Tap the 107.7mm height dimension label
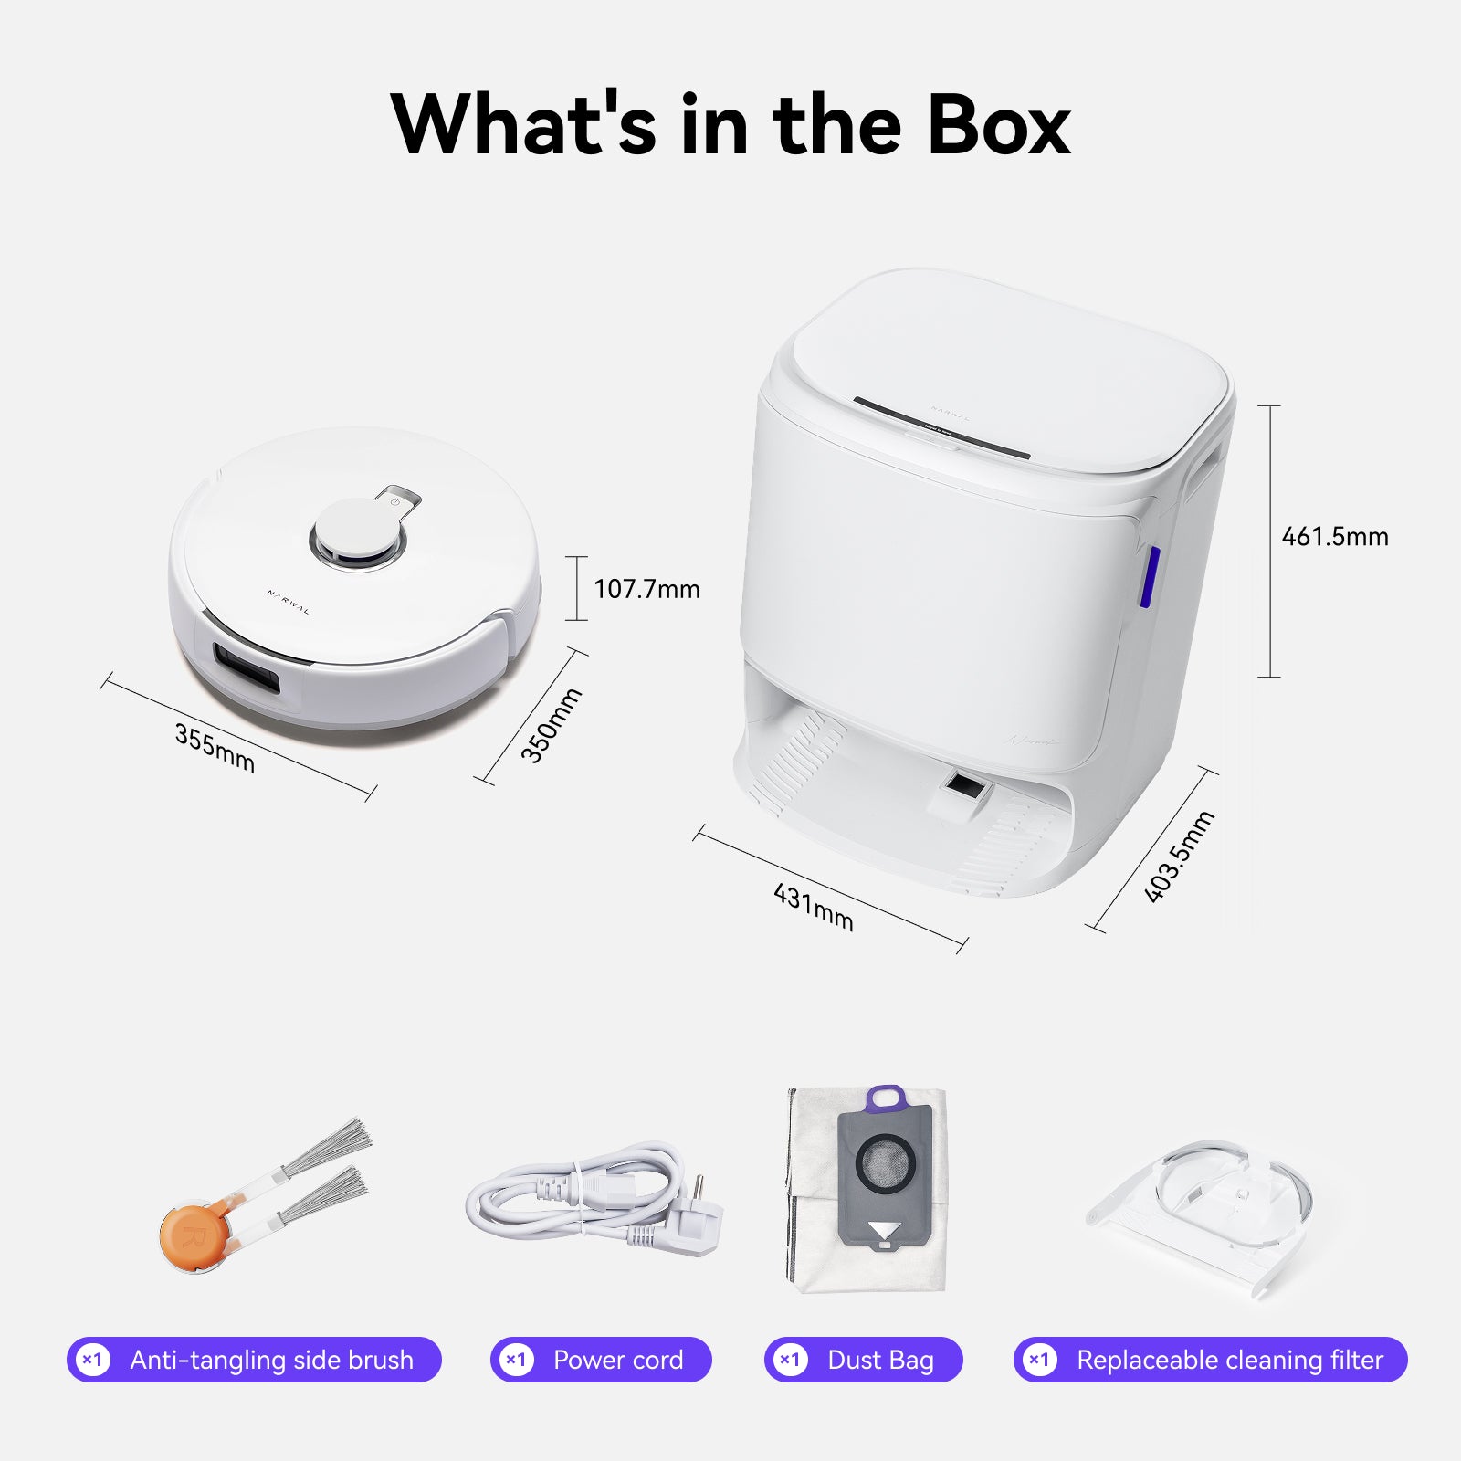646,589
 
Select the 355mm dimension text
215,748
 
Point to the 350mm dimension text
551,725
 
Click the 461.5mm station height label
1334,536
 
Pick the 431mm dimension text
813,907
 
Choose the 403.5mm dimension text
1179,857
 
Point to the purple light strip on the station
1151,577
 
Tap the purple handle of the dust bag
885,1098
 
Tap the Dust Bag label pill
863,1360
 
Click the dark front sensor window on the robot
246,669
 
